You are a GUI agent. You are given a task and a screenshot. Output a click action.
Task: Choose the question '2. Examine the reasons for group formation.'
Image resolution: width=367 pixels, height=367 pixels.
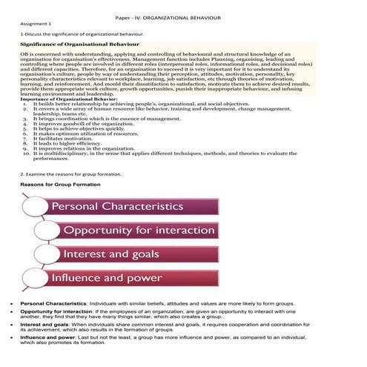[x=70, y=173]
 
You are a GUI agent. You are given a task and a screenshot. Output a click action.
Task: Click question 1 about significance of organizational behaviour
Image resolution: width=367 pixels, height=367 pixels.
[x=82, y=33]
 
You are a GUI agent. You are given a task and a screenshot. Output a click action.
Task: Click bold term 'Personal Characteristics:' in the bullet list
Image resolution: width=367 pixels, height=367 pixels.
[x=48, y=304]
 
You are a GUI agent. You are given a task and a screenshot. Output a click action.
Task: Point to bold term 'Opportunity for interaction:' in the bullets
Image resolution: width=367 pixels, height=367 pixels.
[x=53, y=314]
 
